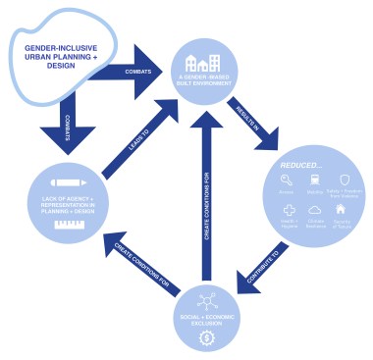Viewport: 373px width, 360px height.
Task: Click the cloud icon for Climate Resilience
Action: tap(316, 209)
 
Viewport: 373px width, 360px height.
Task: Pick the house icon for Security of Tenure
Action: tap(344, 209)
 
